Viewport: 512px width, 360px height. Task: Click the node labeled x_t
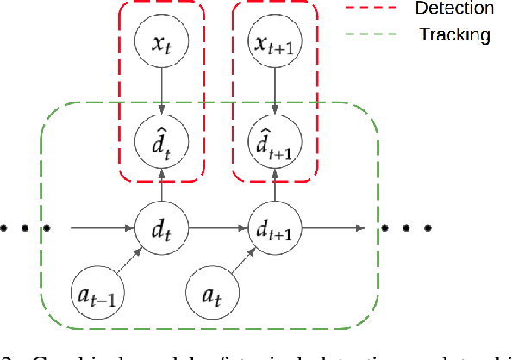tap(160, 40)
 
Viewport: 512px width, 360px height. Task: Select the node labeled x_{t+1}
tap(275, 40)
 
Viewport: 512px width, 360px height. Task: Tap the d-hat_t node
tap(160, 137)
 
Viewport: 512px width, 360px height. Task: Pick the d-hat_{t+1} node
tap(275, 137)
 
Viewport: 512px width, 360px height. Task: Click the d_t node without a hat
tap(160, 228)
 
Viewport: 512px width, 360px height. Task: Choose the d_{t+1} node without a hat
tap(275, 228)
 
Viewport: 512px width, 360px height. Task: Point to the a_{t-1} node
tap(92, 295)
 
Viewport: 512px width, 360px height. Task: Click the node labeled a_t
tap(210, 295)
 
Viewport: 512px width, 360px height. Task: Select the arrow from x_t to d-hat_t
tap(160, 89)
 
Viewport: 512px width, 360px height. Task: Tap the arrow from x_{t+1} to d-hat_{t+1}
tap(275, 89)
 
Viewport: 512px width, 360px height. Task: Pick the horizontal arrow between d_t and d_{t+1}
tap(217, 228)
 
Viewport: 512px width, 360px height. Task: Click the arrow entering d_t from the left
tap(103, 228)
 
